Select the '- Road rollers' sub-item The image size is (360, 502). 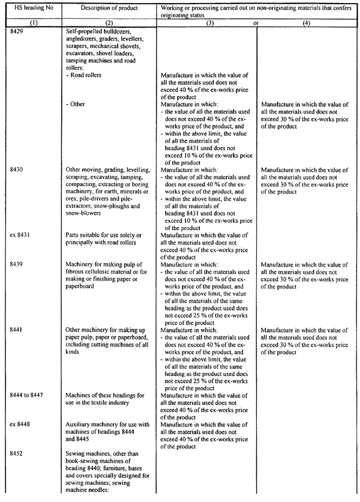point(85,76)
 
